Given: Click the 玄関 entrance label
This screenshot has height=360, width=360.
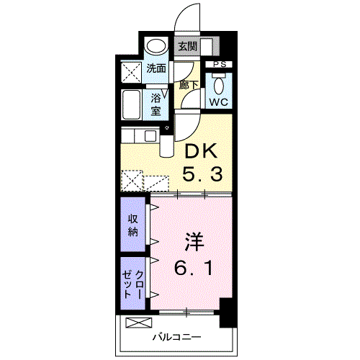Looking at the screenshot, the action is (x=187, y=46).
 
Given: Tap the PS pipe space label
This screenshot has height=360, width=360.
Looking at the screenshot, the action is (x=220, y=64).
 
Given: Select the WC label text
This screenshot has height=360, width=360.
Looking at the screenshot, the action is (x=219, y=102).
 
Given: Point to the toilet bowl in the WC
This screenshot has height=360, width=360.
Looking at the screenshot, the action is (x=219, y=85).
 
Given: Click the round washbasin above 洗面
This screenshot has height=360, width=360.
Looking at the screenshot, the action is (x=156, y=47).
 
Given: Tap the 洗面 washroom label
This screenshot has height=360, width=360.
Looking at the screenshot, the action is (x=156, y=68).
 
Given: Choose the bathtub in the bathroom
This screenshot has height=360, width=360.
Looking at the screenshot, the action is (x=131, y=104).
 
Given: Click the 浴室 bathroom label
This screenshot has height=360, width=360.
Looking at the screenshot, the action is (x=156, y=104).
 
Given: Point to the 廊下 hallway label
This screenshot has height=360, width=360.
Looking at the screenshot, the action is (x=189, y=85).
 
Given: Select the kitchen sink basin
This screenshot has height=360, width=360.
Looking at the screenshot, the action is (x=150, y=136).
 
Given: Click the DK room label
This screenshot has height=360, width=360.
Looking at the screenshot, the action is (x=201, y=150).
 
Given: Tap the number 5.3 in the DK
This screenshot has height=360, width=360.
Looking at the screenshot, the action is (x=202, y=174).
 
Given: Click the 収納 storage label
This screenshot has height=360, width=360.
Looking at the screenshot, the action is (x=132, y=225).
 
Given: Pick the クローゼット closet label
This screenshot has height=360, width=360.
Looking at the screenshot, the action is (x=132, y=284).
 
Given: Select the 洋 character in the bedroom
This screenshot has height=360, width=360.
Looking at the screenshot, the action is (x=194, y=242).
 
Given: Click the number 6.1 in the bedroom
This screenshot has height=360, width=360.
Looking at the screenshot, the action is (x=194, y=268).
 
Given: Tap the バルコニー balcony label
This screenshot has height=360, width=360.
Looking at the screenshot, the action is (x=177, y=338).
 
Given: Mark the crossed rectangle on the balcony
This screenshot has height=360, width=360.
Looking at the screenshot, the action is (x=139, y=323).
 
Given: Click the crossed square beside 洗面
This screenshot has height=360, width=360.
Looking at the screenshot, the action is (x=131, y=72).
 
